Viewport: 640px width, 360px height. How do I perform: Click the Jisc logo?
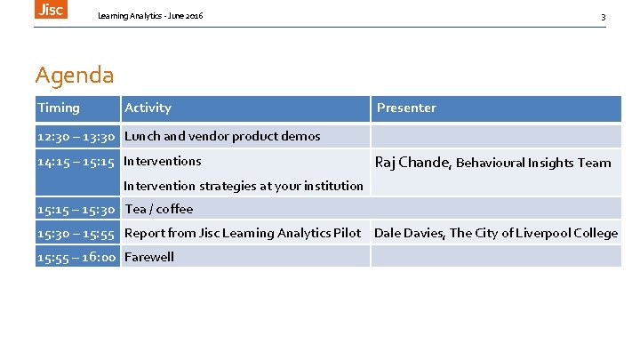(51, 9)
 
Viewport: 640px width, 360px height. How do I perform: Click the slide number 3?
(603, 17)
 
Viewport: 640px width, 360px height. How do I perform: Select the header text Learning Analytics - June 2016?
(150, 16)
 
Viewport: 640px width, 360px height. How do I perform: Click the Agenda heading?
(75, 75)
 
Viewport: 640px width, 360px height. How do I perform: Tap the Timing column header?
(59, 108)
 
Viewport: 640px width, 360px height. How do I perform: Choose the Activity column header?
(148, 108)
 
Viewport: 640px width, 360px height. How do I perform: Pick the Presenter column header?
(406, 108)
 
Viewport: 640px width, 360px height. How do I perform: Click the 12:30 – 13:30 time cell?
(76, 136)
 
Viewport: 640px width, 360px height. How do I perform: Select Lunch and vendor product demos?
(222, 136)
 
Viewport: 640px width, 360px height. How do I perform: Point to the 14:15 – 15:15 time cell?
(76, 161)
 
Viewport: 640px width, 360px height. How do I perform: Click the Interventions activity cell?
(163, 161)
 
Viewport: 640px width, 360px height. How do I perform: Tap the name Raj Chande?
(413, 162)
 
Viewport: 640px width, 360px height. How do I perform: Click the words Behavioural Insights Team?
(533, 163)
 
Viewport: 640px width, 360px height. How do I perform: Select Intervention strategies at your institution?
(244, 186)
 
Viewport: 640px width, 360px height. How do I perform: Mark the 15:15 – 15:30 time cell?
(76, 209)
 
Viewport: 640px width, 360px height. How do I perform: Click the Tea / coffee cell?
(159, 209)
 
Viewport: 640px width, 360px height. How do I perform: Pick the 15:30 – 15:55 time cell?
(76, 233)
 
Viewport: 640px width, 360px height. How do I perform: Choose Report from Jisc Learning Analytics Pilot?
(243, 233)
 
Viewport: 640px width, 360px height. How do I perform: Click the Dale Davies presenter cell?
(495, 233)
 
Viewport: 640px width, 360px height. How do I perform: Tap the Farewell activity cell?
(149, 257)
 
